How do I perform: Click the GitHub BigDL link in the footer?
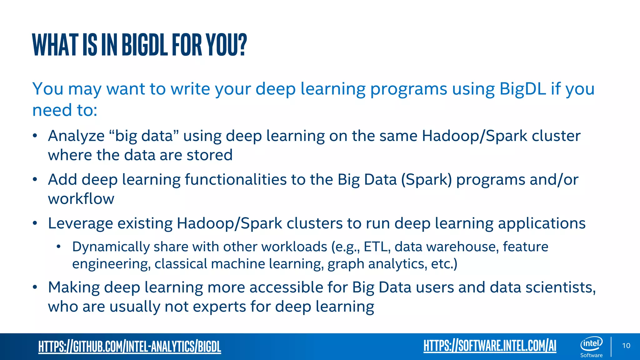[x=130, y=347]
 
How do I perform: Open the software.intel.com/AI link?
[x=490, y=346]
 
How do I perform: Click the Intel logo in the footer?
[x=591, y=343]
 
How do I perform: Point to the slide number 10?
[x=626, y=346]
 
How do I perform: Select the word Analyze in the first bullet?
[x=76, y=136]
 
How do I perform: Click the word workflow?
[x=81, y=199]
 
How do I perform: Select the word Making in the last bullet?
[x=74, y=287]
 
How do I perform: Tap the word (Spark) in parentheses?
[x=426, y=180]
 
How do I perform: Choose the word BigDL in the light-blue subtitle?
[x=522, y=89]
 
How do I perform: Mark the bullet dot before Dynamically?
[x=58, y=247]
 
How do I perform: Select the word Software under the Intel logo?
[x=591, y=355]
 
